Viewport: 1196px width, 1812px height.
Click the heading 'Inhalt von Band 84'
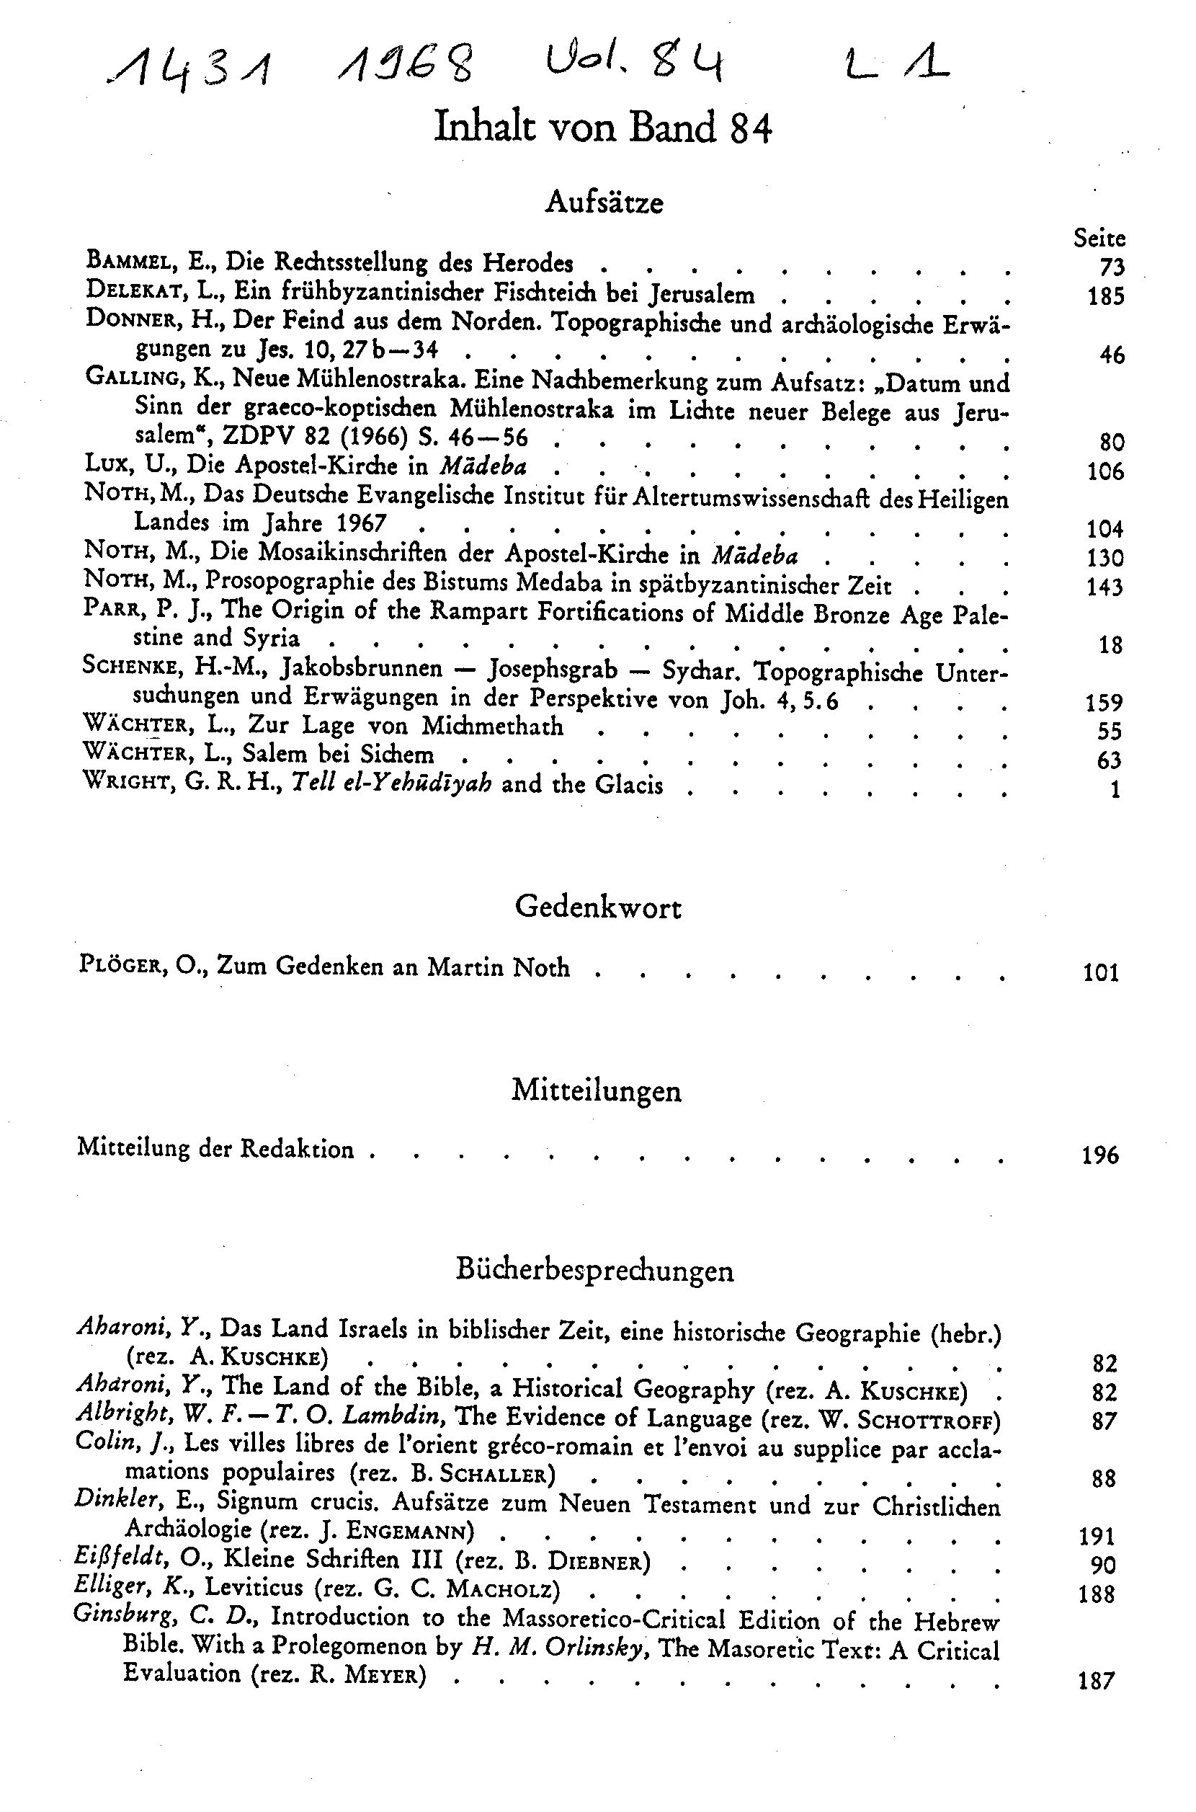tap(602, 128)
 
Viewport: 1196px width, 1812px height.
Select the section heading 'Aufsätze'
tap(604, 203)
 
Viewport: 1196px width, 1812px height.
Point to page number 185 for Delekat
tap(1105, 296)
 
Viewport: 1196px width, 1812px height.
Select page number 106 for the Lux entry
tap(1105, 471)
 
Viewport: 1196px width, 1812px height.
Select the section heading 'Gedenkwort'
tap(598, 907)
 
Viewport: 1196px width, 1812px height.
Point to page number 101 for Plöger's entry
tap(1101, 972)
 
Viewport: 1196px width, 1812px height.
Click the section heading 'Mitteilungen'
tap(597, 1091)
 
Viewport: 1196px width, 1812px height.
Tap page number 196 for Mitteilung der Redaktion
tap(1100, 1155)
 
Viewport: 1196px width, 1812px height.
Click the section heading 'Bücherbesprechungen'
tap(595, 1269)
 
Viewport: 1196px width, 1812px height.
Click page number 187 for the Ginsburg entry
tap(1097, 1681)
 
